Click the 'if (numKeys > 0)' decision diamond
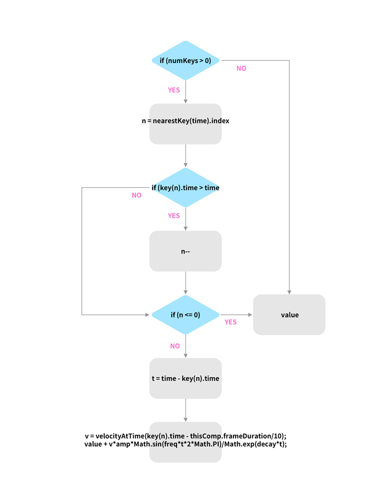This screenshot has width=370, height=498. [x=185, y=60]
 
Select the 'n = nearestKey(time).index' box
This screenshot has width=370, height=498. [x=185, y=124]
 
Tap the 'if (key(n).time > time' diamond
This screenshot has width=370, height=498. [x=185, y=188]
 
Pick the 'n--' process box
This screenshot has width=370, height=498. [x=185, y=251]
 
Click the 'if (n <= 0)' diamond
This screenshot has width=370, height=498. [x=185, y=315]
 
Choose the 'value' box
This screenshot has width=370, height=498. [x=289, y=315]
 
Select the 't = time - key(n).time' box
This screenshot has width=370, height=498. [x=185, y=378]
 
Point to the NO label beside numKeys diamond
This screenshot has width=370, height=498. [x=242, y=68]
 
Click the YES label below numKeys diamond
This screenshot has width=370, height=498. [x=174, y=90]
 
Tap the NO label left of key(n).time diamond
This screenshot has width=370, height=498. [x=137, y=195]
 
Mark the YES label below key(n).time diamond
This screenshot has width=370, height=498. [x=174, y=216]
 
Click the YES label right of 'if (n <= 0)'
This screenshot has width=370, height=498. [x=231, y=322]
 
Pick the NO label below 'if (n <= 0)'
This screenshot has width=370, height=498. [x=175, y=346]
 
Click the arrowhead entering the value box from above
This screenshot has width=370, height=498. [x=289, y=292]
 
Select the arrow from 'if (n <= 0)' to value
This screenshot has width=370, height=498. [x=236, y=315]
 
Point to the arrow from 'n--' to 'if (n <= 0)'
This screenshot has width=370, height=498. [x=185, y=283]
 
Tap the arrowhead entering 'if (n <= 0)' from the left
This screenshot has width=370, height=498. [x=148, y=315]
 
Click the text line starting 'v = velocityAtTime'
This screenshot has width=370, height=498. [x=185, y=436]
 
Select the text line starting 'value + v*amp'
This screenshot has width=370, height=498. [x=185, y=444]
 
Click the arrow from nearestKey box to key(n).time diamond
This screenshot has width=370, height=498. [x=185, y=156]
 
